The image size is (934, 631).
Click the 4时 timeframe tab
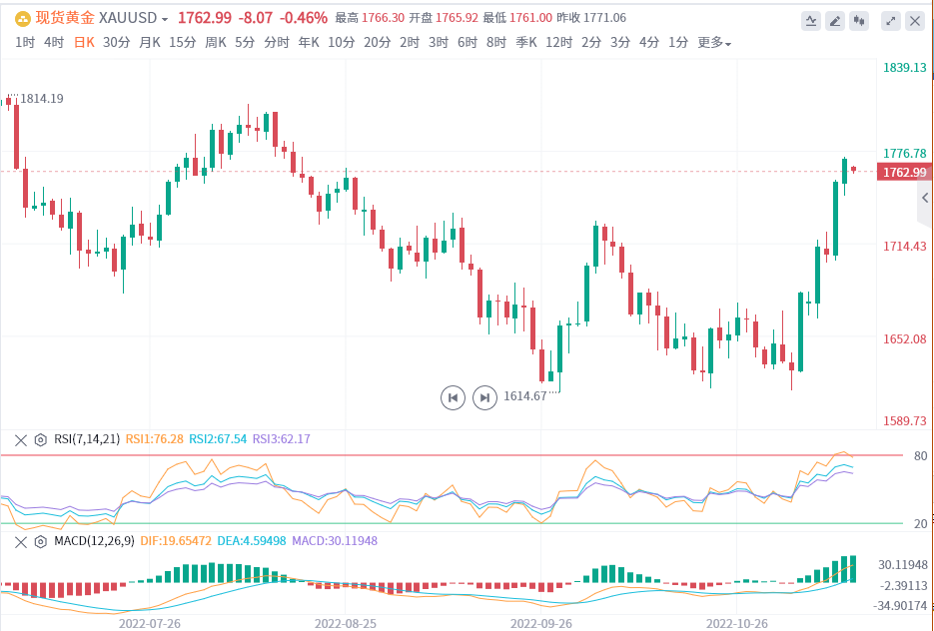coord(54,42)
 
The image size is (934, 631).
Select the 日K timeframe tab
coord(84,42)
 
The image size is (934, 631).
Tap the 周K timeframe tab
coord(216,42)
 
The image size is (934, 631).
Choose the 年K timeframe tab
coord(309,42)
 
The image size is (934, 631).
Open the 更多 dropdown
coord(713,42)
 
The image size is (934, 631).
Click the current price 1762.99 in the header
coord(204,18)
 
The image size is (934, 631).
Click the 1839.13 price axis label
coord(905,67)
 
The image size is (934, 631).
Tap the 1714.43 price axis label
coord(905,246)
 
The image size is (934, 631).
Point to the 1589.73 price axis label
coord(905,420)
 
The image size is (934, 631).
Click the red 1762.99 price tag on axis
coord(903,173)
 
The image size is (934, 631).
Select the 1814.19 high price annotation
coord(42,98)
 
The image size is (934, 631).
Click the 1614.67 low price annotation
coord(525,396)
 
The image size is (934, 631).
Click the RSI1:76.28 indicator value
coord(154,438)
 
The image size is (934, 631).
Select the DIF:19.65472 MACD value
coord(175,540)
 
